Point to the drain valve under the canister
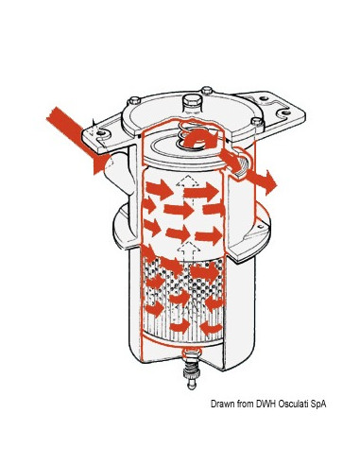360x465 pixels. pos(192,368)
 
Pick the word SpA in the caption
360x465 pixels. pos(317,405)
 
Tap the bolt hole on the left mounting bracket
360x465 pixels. pos(100,133)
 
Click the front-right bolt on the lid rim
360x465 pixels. pos(256,122)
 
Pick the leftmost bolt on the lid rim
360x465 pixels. pos(134,100)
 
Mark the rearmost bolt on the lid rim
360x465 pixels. pos(207,91)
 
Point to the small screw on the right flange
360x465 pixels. pos(260,227)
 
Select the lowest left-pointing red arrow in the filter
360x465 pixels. pos(210,328)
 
